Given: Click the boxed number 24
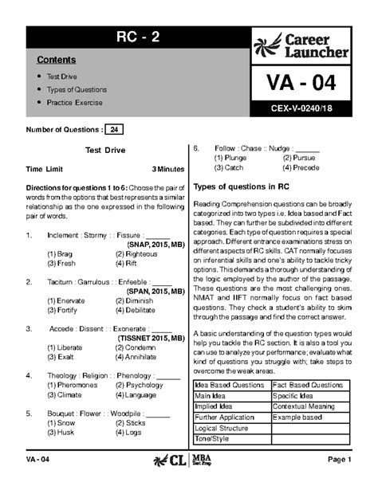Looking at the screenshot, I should tap(115, 129).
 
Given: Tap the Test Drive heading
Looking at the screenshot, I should tap(104, 150).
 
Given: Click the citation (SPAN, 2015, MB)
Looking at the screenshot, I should tap(149, 292).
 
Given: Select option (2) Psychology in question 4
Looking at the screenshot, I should tap(140, 385).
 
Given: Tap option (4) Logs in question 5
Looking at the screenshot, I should tap(128, 433).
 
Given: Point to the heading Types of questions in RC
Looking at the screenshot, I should tap(241, 186).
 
